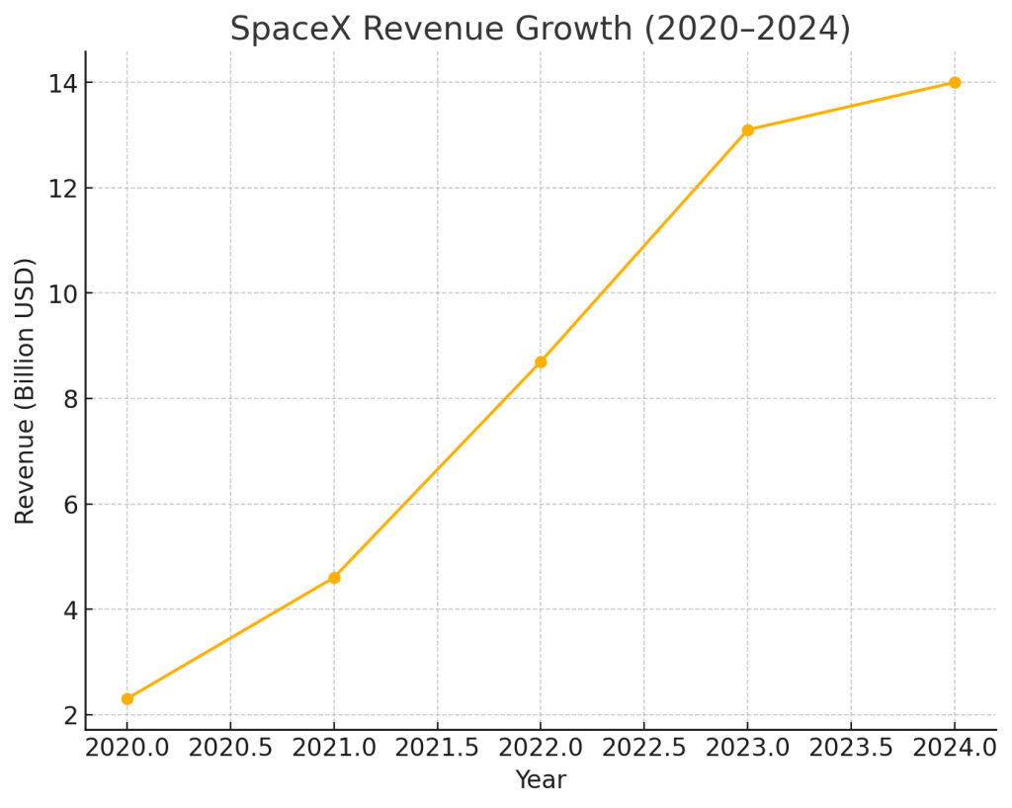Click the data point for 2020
pyautogui.click(x=127, y=698)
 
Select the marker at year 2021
pyautogui.click(x=334, y=578)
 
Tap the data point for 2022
pyautogui.click(x=541, y=363)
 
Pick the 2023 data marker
pyautogui.click(x=747, y=130)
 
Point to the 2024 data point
pyautogui.click(x=955, y=83)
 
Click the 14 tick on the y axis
pyautogui.click(x=63, y=83)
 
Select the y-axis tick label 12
pyautogui.click(x=63, y=189)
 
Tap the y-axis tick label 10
pyautogui.click(x=63, y=293)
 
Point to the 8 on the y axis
pyautogui.click(x=69, y=399)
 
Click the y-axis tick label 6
pyautogui.click(x=69, y=505)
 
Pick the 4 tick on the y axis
pyautogui.click(x=69, y=609)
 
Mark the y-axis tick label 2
pyautogui.click(x=69, y=715)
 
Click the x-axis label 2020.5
pyautogui.click(x=230, y=749)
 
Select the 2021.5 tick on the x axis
pyautogui.click(x=438, y=749)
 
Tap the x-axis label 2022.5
pyautogui.click(x=644, y=749)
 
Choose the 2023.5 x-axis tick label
pyautogui.click(x=851, y=749)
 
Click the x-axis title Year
pyautogui.click(x=541, y=780)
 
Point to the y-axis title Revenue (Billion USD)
pyautogui.click(x=26, y=390)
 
